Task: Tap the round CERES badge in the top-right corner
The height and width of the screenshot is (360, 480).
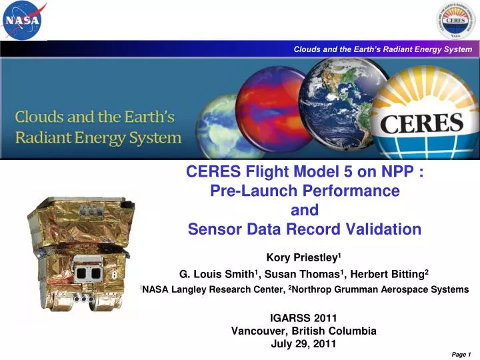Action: (x=456, y=21)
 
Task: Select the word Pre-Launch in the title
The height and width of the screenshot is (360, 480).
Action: (x=259, y=191)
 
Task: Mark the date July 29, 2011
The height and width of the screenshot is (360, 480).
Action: (x=304, y=344)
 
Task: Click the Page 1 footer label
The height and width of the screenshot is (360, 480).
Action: (x=461, y=355)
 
